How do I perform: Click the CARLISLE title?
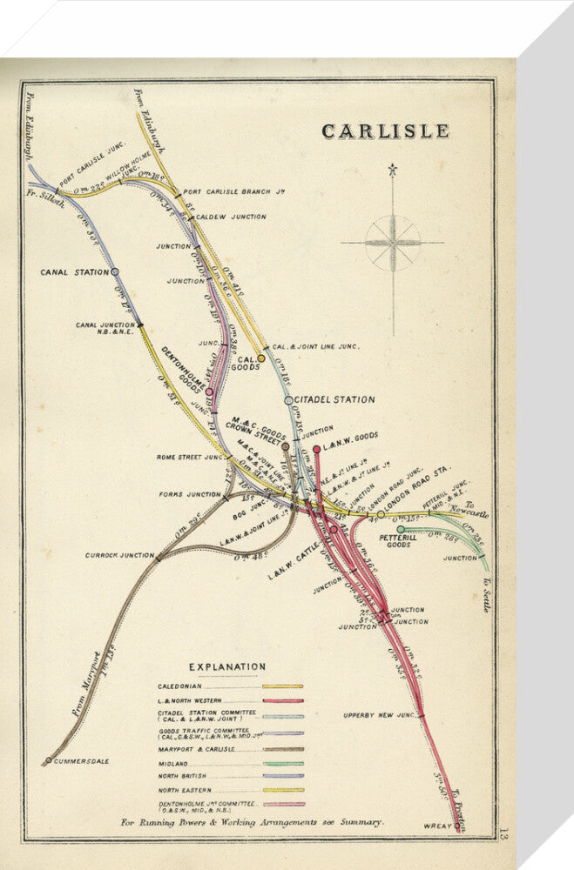pos(385,131)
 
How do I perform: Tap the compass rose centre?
pos(392,243)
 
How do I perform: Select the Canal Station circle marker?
pos(115,272)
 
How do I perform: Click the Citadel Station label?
pos(335,400)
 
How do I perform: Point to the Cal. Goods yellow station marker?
pos(260,358)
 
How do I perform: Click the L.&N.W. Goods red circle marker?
pos(317,450)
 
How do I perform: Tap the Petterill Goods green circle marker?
pos(401,529)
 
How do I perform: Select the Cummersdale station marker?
pos(48,761)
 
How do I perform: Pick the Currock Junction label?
pos(119,554)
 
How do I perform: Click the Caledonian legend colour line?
pos(282,686)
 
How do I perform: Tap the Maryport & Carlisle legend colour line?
pos(282,749)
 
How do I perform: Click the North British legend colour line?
pos(282,776)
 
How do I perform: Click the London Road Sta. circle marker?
pos(380,514)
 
